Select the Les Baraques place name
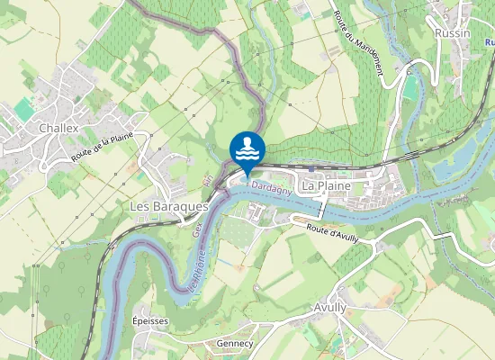169,206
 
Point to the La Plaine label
326,186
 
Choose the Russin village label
452,33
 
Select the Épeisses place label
150,321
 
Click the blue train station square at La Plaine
311,168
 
